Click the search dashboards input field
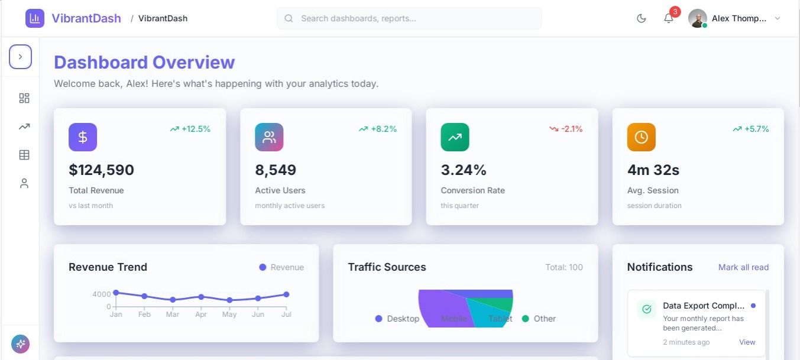(x=409, y=18)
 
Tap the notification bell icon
(x=669, y=18)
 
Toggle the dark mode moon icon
(x=642, y=18)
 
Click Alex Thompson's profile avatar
(x=698, y=18)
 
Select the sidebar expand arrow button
(x=20, y=57)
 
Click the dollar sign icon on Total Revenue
(x=83, y=137)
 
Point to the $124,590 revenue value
(x=101, y=170)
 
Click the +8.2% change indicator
(x=378, y=129)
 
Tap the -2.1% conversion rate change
(x=566, y=129)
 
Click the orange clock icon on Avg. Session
(x=641, y=137)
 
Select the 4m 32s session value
(x=653, y=170)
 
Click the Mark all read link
(x=743, y=267)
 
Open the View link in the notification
(x=747, y=342)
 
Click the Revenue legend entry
(x=281, y=267)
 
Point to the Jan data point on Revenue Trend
(x=116, y=293)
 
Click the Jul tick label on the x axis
(x=286, y=314)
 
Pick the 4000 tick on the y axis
(x=101, y=294)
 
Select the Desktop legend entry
(x=397, y=319)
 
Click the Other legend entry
(x=539, y=319)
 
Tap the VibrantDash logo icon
(x=35, y=18)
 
